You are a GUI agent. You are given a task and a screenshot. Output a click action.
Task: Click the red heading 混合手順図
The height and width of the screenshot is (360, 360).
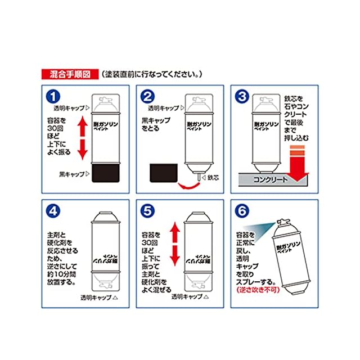tap(70, 74)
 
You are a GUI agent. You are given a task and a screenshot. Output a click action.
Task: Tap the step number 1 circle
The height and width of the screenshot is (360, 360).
tap(53, 96)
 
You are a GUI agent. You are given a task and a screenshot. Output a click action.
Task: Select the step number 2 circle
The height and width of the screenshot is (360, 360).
tap(147, 96)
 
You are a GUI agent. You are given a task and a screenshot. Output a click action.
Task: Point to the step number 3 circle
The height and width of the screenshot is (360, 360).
tap(242, 96)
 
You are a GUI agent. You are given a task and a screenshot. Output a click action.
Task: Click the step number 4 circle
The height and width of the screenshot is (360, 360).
tap(53, 211)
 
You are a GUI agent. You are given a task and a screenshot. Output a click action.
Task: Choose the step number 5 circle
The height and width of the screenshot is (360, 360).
tap(147, 211)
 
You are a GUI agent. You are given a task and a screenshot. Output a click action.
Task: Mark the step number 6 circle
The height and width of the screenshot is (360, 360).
tap(242, 211)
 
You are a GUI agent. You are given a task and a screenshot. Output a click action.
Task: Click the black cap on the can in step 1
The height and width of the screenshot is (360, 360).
tap(106, 173)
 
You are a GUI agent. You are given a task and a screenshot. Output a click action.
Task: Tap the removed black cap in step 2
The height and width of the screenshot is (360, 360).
tap(164, 173)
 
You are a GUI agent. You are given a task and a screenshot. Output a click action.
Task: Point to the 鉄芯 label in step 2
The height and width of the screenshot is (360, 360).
tap(213, 178)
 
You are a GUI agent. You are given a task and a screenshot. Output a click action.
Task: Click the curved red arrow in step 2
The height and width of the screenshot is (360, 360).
tap(189, 186)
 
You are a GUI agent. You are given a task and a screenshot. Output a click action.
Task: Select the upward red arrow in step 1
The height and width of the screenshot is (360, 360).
tap(83, 126)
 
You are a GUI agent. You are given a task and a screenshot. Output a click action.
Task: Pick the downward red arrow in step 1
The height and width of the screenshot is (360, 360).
tap(83, 150)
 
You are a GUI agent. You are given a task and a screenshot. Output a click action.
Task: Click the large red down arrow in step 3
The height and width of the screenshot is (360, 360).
tap(298, 164)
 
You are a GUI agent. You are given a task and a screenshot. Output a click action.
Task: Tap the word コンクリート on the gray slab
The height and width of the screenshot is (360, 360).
tap(270, 179)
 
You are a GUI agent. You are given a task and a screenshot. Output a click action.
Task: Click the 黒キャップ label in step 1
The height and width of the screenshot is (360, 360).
tap(72, 174)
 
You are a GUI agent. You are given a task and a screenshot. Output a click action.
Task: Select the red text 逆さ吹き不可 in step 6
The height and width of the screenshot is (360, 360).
tap(258, 290)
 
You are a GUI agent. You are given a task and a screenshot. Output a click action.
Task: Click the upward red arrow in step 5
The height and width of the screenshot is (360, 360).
tap(175, 232)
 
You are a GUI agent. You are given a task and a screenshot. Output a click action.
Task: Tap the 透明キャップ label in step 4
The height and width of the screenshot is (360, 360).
tap(96, 298)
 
